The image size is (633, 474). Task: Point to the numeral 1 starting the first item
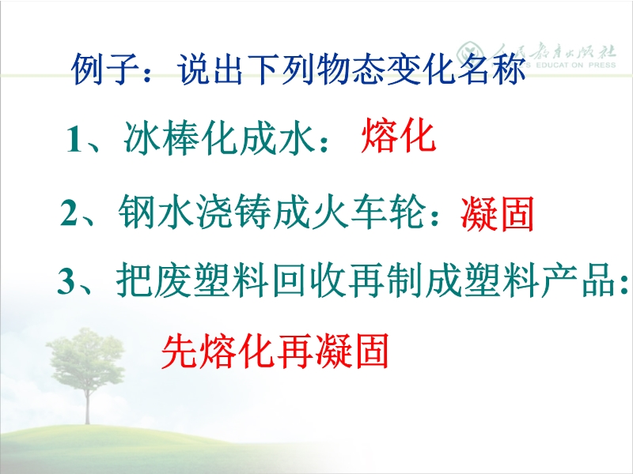point(74,140)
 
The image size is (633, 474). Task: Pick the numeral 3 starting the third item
point(66,280)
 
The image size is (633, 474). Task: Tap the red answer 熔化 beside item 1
point(399,135)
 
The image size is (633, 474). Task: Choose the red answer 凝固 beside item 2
point(498,213)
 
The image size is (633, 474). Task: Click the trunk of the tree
point(87,403)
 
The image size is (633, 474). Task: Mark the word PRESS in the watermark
point(602,65)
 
